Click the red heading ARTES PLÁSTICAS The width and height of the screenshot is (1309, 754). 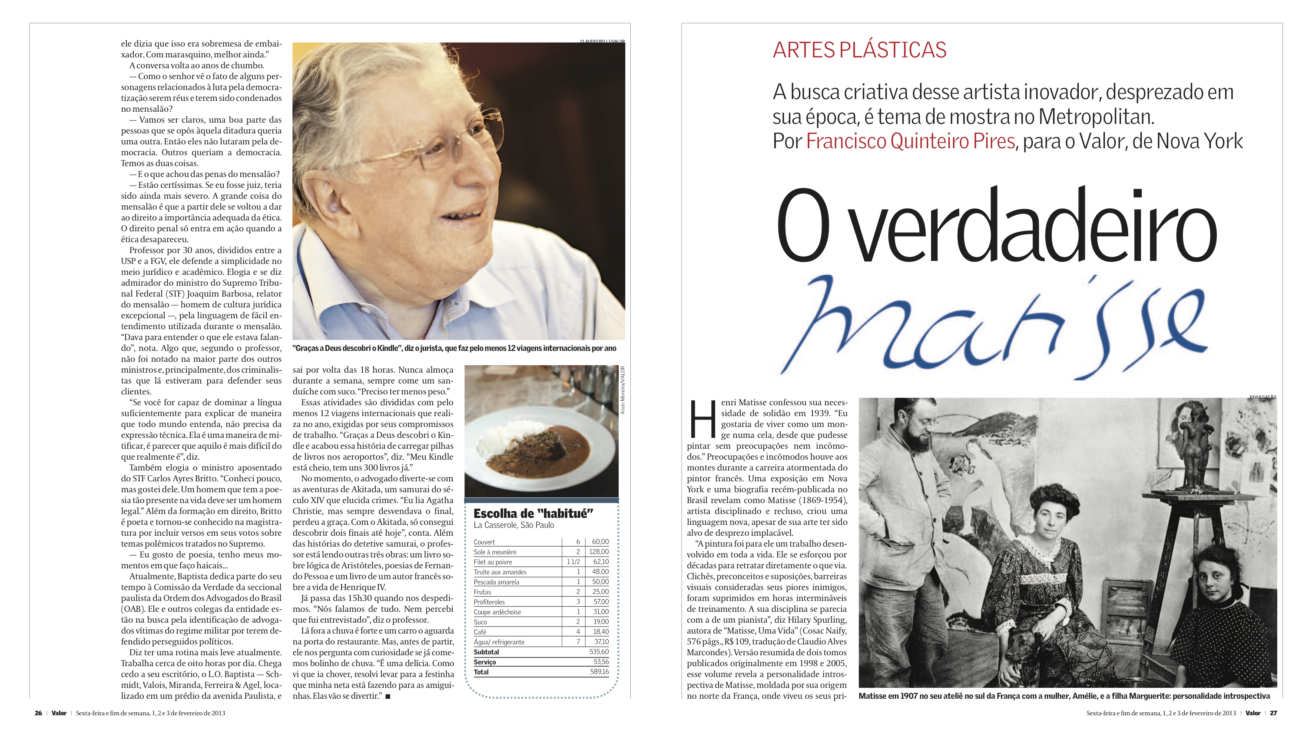coord(859,50)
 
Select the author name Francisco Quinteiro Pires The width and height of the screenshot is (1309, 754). coord(910,141)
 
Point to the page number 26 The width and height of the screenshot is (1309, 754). coord(38,713)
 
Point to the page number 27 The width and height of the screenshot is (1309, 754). coord(1273,713)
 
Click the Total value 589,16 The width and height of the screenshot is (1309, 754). coord(599,672)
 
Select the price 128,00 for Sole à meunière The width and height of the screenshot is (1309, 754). coord(599,552)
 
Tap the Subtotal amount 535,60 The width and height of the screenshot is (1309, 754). coord(599,652)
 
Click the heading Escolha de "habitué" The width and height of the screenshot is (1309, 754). coord(533,513)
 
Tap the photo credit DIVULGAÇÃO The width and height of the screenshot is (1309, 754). coord(1263,397)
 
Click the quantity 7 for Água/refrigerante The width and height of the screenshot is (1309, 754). coord(578,642)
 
